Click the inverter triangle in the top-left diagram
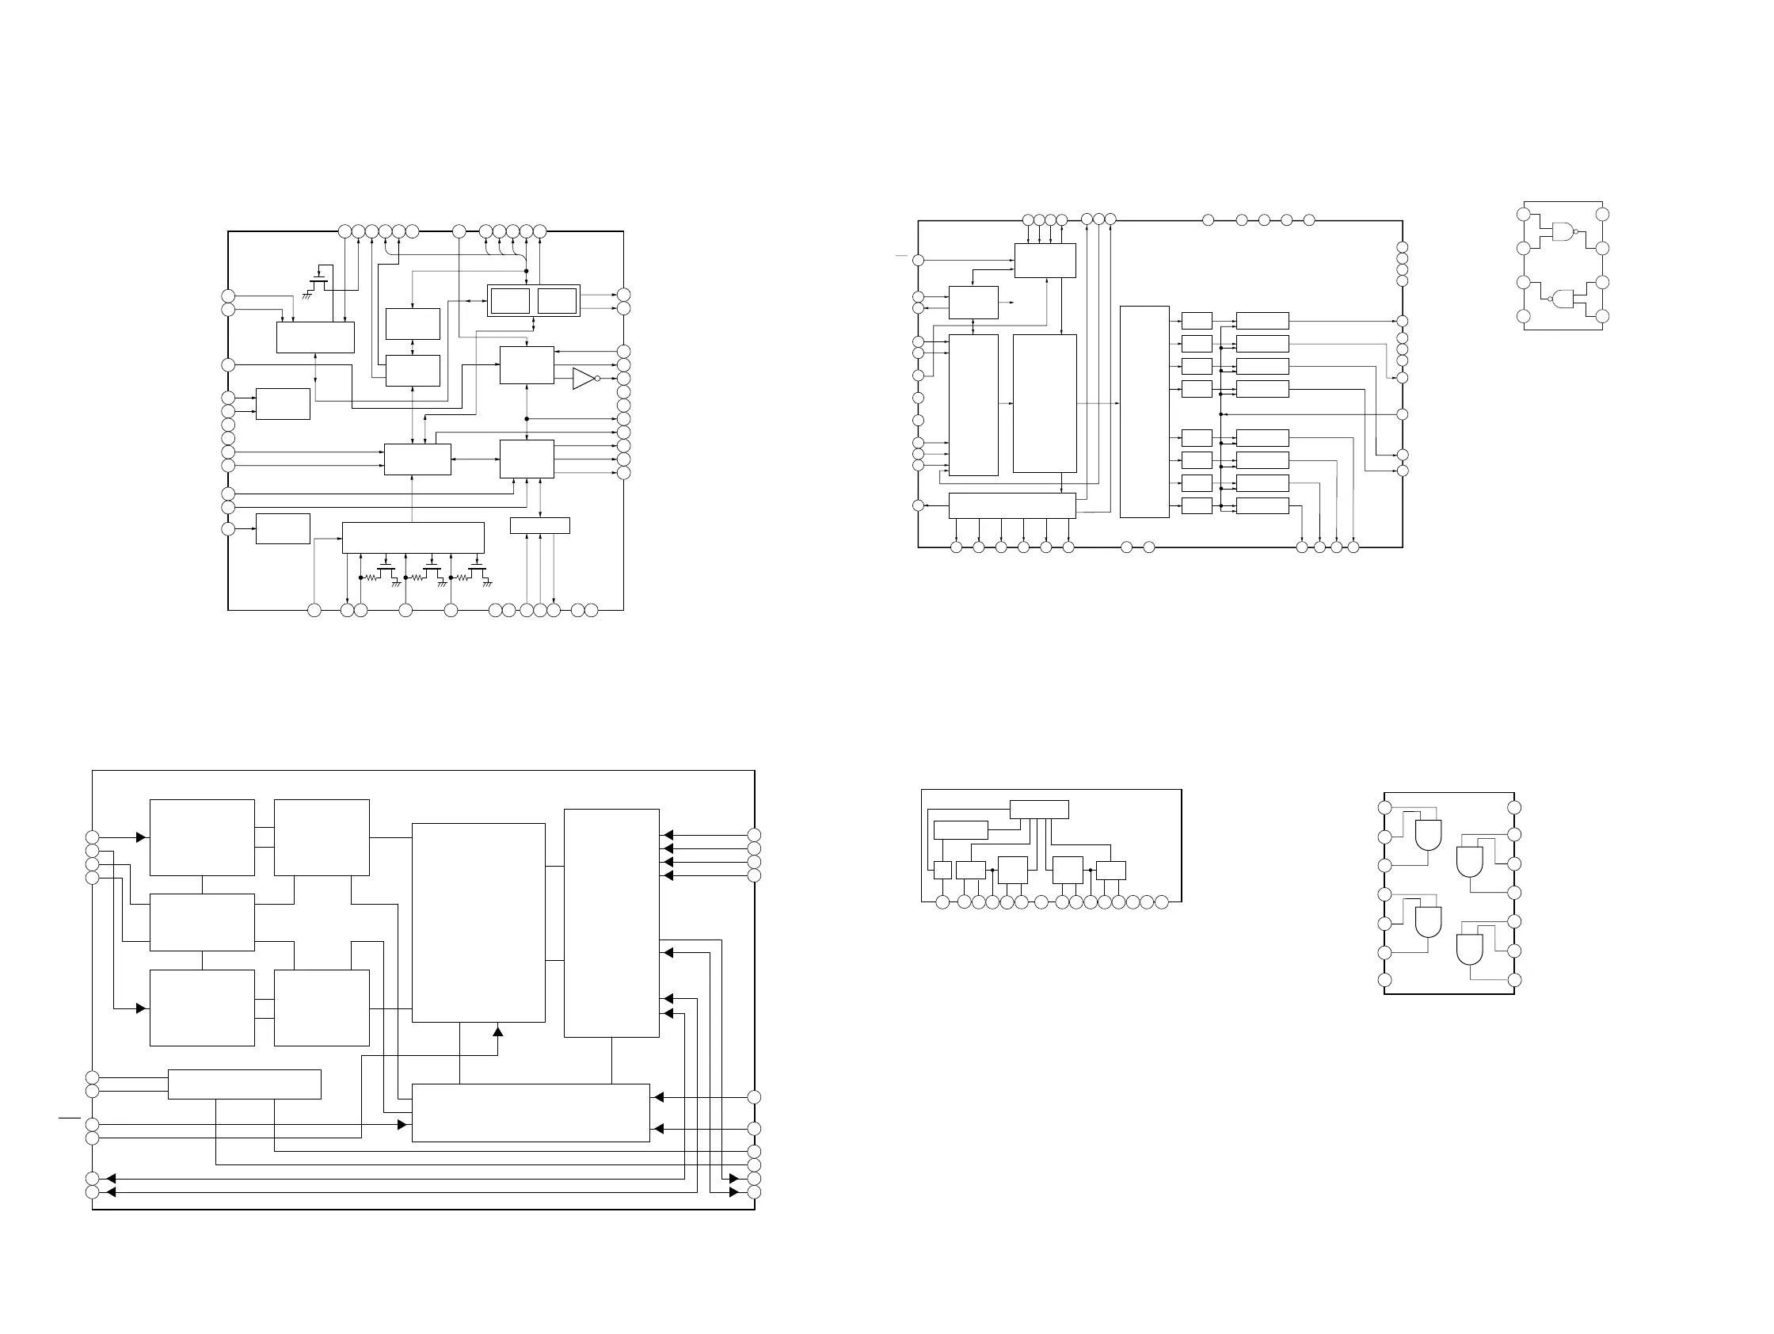pyautogui.click(x=583, y=379)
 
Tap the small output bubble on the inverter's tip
pyautogui.click(x=598, y=379)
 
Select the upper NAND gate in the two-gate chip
pyautogui.click(x=1563, y=232)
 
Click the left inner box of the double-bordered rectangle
pyautogui.click(x=510, y=302)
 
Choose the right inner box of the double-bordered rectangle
pyautogui.click(x=557, y=302)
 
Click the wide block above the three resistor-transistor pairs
pyautogui.click(x=413, y=537)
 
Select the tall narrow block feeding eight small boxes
pyautogui.click(x=1144, y=411)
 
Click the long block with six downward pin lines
pyautogui.click(x=1011, y=505)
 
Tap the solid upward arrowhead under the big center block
pyautogui.click(x=497, y=1031)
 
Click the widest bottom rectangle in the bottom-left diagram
pyautogui.click(x=530, y=1113)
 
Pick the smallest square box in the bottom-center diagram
pyautogui.click(x=942, y=870)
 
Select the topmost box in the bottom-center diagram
pyautogui.click(x=1038, y=810)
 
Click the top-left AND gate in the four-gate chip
pyautogui.click(x=1428, y=835)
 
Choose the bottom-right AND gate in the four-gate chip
pyautogui.click(x=1469, y=950)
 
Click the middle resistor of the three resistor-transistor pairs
pyautogui.click(x=417, y=577)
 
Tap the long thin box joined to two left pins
pyautogui.click(x=244, y=1084)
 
